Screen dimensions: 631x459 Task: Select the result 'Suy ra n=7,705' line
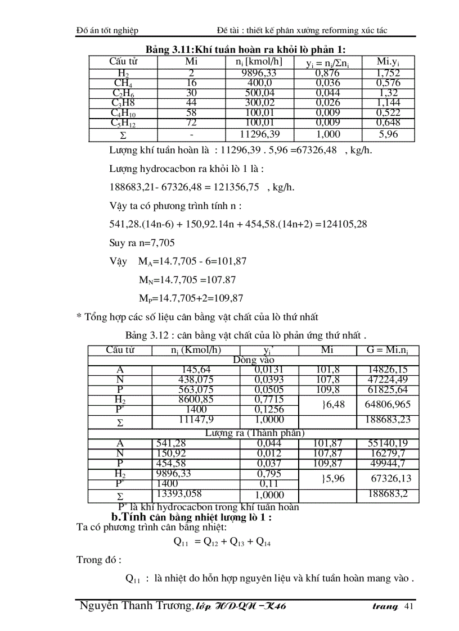pos(142,243)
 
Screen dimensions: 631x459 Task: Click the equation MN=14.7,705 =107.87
pos(187,280)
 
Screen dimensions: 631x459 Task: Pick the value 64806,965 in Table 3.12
pos(388,404)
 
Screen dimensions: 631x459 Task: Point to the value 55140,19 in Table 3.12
pos(388,443)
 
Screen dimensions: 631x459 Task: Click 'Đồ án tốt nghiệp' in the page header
pos(107,30)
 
